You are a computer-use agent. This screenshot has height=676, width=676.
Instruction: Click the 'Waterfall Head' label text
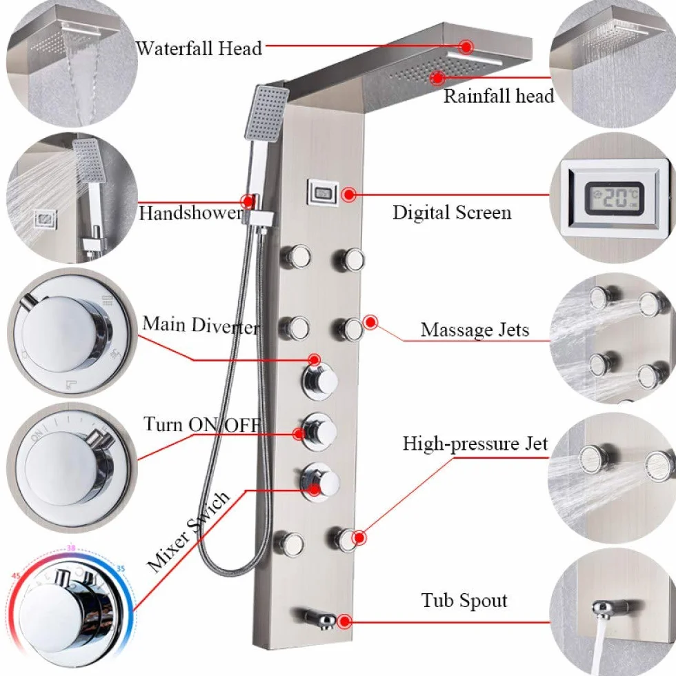point(199,48)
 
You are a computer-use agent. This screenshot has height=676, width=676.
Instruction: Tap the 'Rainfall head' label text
point(499,96)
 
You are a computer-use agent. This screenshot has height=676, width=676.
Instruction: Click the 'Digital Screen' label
point(452,212)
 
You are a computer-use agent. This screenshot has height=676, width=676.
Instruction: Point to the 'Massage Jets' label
point(475,330)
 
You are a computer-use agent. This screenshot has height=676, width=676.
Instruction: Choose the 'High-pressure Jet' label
point(475,444)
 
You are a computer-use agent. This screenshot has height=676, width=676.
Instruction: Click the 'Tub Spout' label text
point(464,601)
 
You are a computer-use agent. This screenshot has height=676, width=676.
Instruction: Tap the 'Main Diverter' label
point(201,325)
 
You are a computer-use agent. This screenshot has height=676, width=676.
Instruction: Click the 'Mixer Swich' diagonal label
point(188,532)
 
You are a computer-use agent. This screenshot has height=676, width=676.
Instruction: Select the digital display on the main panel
point(323,192)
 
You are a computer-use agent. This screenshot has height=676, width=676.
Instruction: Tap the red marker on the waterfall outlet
point(466,47)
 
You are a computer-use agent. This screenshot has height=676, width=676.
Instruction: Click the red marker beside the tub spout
point(344,622)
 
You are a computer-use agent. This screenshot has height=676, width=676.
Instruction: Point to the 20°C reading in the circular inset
point(615,198)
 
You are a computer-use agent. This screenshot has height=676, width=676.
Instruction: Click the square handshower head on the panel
point(267,112)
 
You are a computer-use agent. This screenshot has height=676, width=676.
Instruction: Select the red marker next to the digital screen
point(348,195)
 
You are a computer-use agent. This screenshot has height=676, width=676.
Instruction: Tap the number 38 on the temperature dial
point(70,548)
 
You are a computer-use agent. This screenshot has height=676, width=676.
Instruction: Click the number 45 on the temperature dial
point(16,575)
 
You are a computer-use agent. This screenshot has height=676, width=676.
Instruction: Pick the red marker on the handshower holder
point(248,201)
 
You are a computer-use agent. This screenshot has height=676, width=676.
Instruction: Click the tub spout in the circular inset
point(611,607)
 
